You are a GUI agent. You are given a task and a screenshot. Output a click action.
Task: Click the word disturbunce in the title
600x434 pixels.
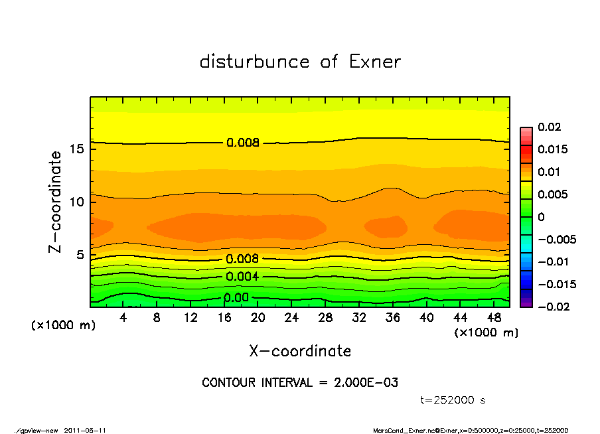pos(255,62)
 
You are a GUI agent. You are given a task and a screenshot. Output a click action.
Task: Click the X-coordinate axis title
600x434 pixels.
pos(300,350)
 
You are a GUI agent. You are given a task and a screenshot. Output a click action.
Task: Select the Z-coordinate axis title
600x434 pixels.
pos(56,202)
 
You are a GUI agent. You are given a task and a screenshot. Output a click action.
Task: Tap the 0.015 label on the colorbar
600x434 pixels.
pos(552,149)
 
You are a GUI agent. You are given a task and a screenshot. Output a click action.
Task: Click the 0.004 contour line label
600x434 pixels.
pos(242,277)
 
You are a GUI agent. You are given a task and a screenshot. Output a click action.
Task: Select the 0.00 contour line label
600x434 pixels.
pos(236,298)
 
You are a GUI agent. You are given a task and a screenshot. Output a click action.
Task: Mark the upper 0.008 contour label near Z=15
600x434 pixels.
pos(242,143)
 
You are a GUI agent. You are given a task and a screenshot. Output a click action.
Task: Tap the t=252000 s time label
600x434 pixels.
pos(453,400)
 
